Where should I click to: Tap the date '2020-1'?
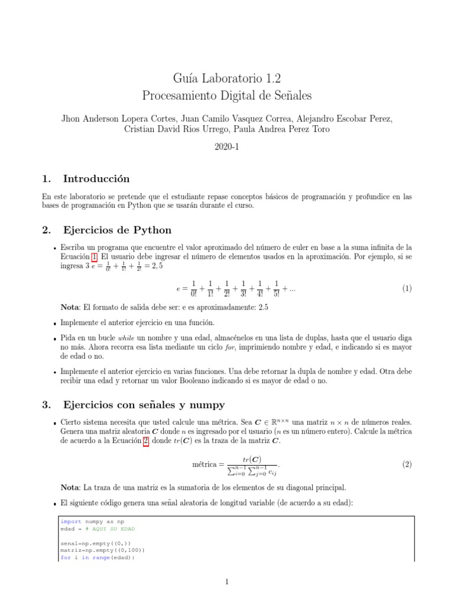click(x=226, y=146)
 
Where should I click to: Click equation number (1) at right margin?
click(x=407, y=288)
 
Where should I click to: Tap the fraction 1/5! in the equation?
click(x=277, y=288)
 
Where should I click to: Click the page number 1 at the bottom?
click(x=226, y=582)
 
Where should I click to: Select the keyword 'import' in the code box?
click(x=69, y=522)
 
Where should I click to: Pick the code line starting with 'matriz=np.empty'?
click(x=93, y=549)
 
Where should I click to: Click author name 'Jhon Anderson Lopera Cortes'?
click(x=118, y=118)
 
